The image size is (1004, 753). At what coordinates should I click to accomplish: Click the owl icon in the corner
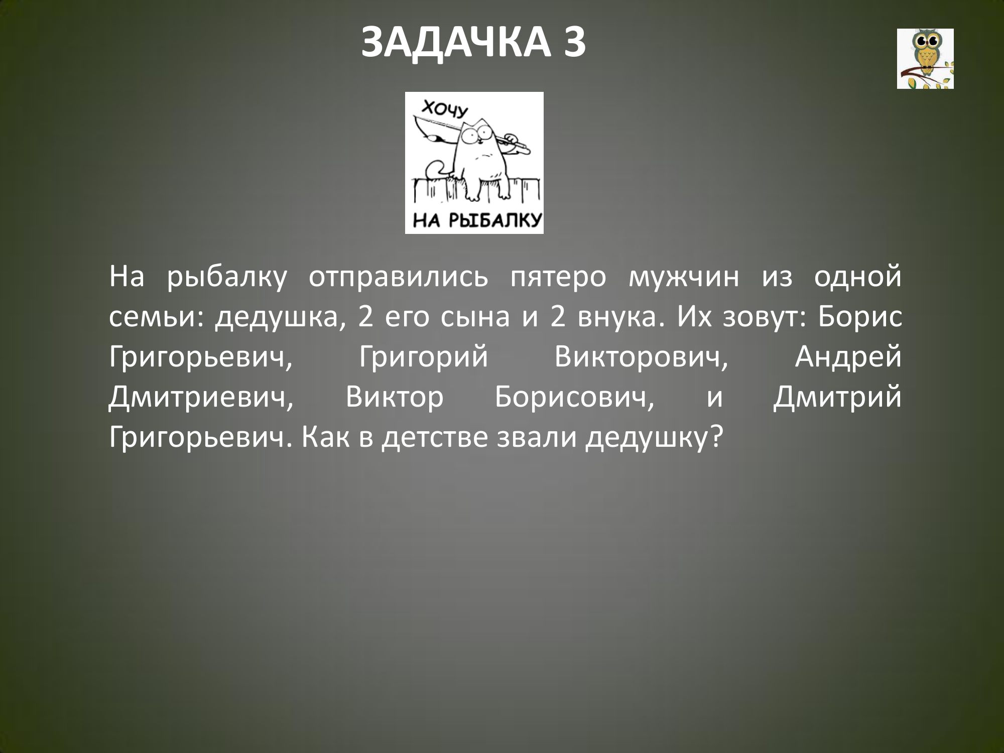(925, 59)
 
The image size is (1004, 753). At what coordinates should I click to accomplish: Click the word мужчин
(684, 278)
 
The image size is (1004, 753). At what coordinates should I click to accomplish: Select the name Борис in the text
(859, 318)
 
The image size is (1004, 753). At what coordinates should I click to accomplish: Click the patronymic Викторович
(642, 358)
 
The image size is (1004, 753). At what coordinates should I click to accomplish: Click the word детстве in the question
(435, 438)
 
